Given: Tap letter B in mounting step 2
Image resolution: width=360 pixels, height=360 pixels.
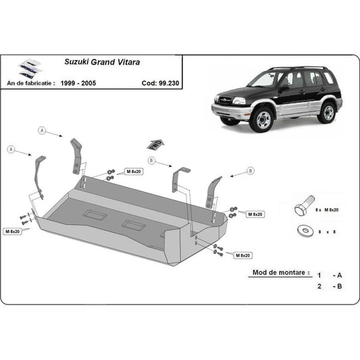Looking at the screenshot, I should [340, 286].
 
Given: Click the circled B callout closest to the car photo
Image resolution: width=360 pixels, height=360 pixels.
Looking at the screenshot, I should [250, 171].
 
